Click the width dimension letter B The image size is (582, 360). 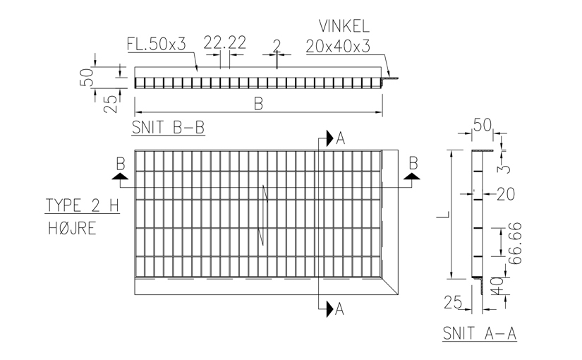pos(258,104)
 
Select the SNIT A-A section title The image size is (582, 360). pos(480,333)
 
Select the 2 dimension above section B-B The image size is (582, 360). pos(277,47)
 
